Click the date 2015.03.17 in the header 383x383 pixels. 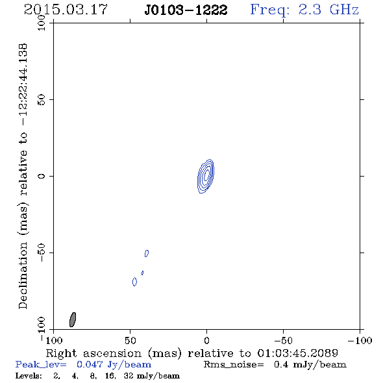tap(66, 10)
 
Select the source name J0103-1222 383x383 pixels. tap(186, 10)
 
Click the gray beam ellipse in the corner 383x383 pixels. tap(73, 319)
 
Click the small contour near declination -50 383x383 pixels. tap(147, 253)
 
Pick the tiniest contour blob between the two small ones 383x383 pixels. tap(142, 273)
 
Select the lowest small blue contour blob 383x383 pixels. tap(134, 282)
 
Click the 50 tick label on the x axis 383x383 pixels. tap(130, 340)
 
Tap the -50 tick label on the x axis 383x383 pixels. tap(283, 340)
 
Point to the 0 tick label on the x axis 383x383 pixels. tap(206, 340)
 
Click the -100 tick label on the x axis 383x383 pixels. tap(360, 340)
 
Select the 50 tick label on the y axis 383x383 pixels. tap(42, 100)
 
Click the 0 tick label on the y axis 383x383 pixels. tap(42, 176)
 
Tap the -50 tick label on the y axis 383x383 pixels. tap(42, 253)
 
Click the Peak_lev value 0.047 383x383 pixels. tap(90, 364)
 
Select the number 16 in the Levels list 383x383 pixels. tap(110, 375)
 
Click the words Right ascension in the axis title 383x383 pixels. tap(93, 353)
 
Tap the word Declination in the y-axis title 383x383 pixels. tap(23, 276)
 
